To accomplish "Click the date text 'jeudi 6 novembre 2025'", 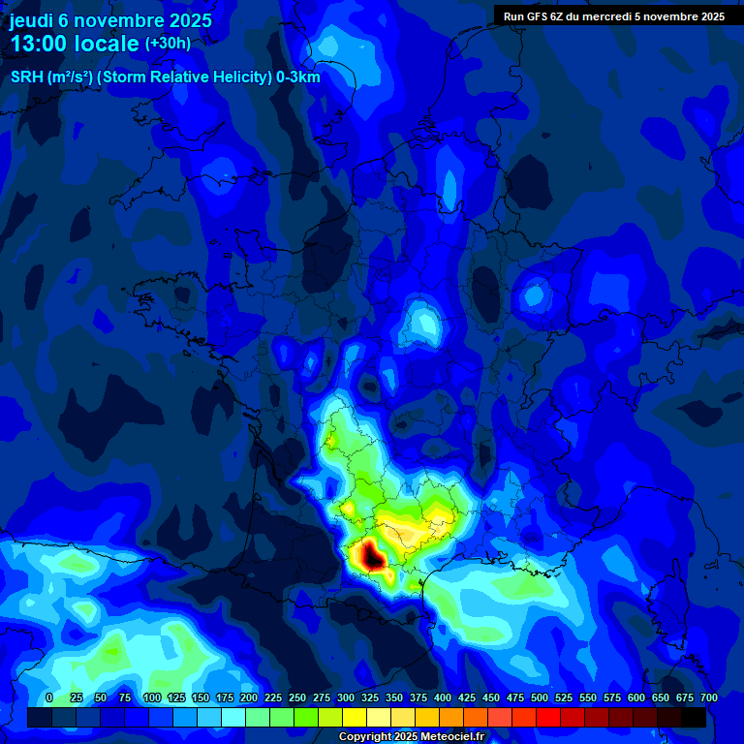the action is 110,20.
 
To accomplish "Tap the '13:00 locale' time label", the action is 75,45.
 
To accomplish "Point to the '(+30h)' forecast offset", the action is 168,44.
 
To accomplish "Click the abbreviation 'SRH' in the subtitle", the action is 27,77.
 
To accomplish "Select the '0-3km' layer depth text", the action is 298,77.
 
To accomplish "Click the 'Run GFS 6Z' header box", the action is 613,15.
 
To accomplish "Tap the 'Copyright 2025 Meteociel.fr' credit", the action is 412,737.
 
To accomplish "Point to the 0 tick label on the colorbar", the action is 49,698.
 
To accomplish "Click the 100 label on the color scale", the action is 151,698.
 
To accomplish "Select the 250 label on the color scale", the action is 296,698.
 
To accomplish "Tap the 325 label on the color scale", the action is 369,698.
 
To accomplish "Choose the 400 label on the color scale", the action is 442,698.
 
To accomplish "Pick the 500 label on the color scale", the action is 539,698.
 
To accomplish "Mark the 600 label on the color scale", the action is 635,698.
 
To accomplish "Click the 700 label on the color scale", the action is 708,698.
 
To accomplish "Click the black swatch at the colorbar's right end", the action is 694,717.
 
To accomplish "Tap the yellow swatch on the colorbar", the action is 355,717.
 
